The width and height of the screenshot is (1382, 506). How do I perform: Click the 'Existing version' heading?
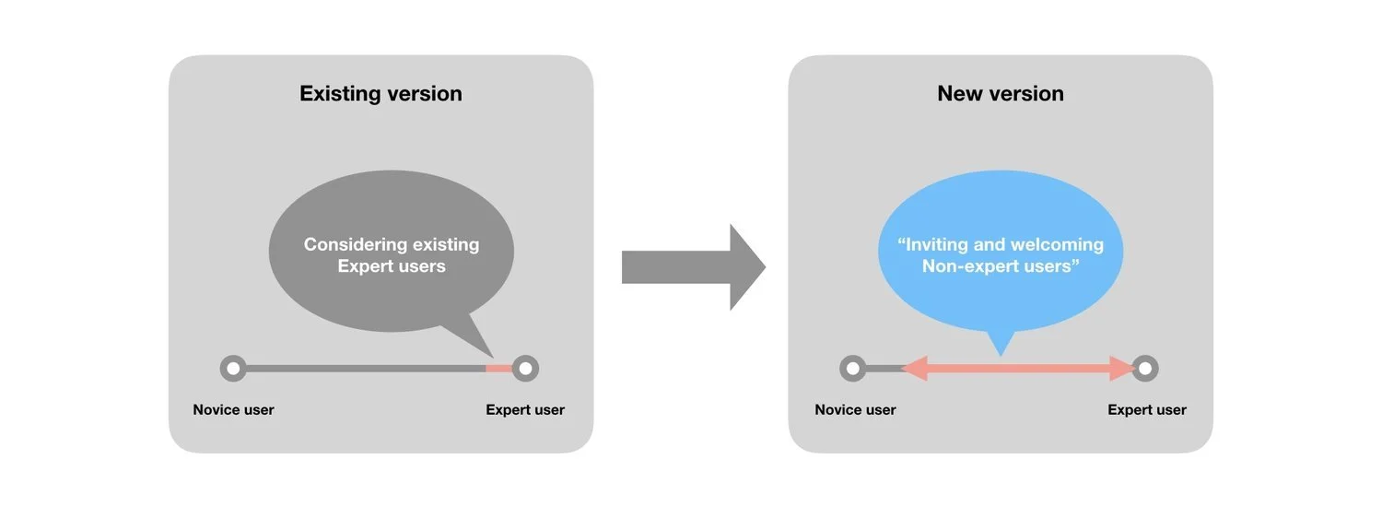(381, 93)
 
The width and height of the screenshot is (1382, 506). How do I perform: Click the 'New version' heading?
(1000, 93)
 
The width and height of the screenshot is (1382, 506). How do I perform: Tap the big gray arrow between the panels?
(694, 267)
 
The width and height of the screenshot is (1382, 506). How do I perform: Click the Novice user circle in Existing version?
(233, 369)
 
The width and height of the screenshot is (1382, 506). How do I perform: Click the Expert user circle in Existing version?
(525, 369)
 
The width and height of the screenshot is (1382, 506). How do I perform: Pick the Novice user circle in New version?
(853, 369)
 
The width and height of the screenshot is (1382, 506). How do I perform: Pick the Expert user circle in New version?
(1144, 369)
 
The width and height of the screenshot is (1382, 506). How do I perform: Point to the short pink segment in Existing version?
(498, 369)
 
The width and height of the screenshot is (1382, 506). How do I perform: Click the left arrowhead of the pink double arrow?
(914, 369)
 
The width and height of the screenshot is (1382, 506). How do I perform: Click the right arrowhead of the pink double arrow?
(1122, 369)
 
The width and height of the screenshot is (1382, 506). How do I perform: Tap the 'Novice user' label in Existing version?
(233, 410)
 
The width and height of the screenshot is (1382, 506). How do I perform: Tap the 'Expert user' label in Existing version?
(525, 410)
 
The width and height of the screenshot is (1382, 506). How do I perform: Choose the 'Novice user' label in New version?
(855, 410)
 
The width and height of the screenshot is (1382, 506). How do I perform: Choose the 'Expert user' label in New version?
(1147, 410)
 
